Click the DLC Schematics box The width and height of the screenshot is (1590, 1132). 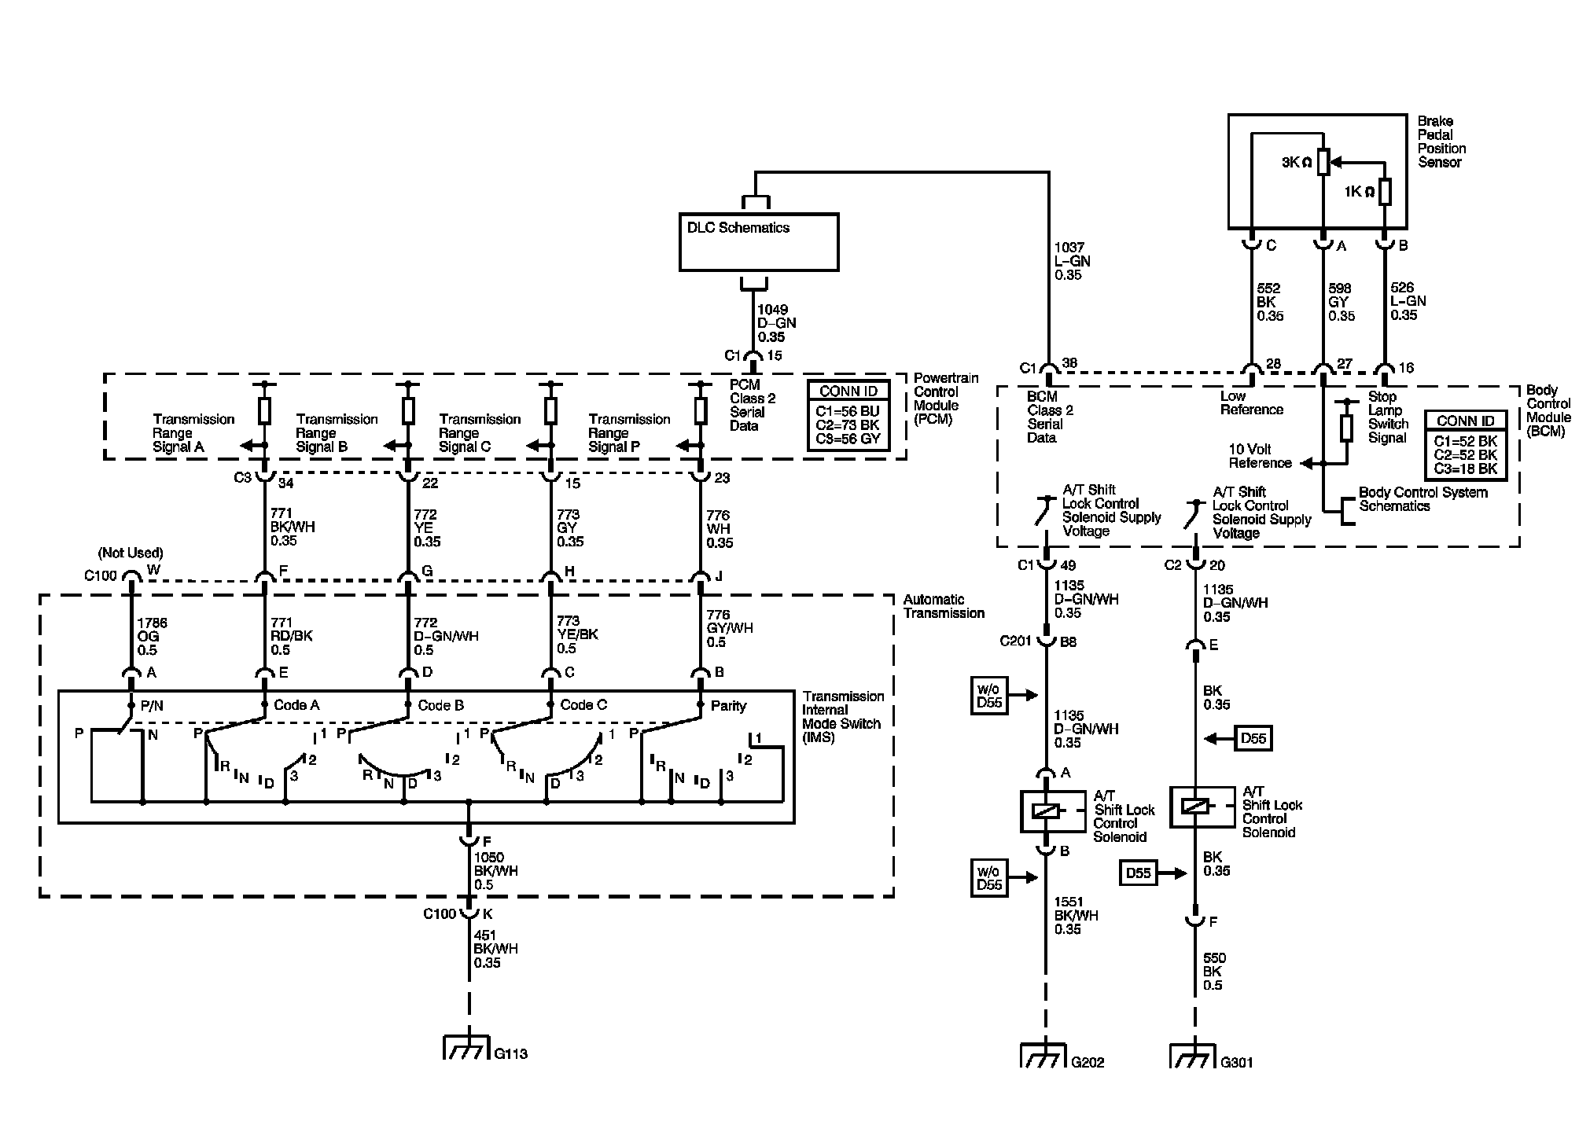tap(759, 242)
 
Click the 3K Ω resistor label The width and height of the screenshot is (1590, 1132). tap(1297, 163)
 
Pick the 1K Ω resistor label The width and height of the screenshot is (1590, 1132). tap(1360, 192)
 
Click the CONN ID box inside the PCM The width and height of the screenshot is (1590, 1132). tap(848, 417)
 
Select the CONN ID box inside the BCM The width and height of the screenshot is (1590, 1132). tap(1466, 446)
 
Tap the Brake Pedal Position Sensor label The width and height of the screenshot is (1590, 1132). tap(1441, 141)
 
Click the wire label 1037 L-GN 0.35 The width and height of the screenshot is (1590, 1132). tap(1073, 261)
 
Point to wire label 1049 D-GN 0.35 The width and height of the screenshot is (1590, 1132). tap(777, 323)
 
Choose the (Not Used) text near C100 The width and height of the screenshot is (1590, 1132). tap(131, 553)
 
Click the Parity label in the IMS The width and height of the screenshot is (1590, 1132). tap(728, 706)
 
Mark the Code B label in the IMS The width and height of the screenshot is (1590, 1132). tap(440, 705)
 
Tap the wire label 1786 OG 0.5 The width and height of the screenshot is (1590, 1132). tap(152, 637)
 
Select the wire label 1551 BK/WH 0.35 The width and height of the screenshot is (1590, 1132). tap(1077, 916)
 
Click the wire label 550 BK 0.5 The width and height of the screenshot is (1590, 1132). tap(1215, 972)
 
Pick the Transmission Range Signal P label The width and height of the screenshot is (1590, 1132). tap(629, 433)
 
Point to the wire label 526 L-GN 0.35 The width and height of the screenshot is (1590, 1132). tap(1408, 301)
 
